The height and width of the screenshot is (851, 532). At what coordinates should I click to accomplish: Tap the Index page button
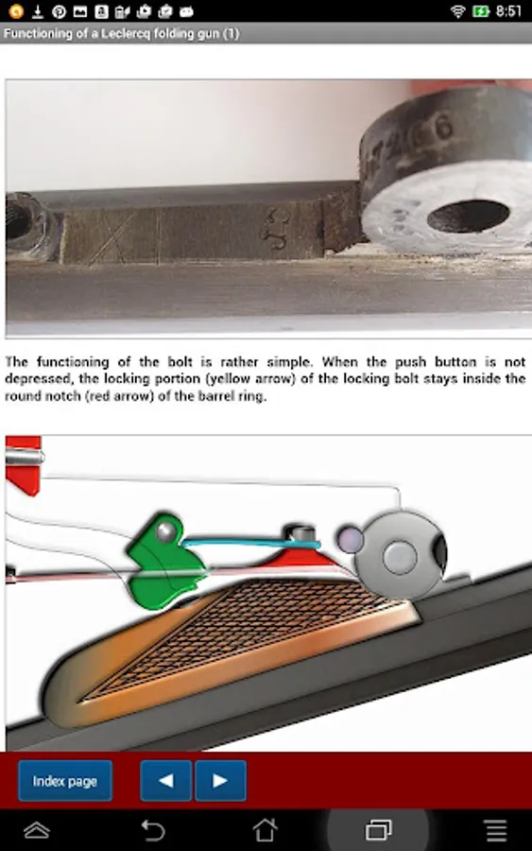pos(65,780)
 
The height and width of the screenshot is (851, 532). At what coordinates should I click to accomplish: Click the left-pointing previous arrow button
pos(166,780)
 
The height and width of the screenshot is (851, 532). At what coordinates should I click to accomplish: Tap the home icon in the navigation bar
pos(266,830)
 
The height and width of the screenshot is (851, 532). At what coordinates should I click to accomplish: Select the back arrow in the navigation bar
pos(152,830)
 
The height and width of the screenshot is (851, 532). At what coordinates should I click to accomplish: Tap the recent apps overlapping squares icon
pos(379,830)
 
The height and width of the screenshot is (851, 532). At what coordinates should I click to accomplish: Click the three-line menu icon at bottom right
pos(496,830)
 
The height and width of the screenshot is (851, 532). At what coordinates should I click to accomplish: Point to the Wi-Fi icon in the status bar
pos(458,10)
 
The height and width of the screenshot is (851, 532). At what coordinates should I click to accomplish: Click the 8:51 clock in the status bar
pos(508,10)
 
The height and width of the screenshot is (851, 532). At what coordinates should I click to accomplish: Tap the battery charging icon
pos(480,10)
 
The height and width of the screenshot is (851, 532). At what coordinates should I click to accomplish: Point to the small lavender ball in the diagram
pos(350,540)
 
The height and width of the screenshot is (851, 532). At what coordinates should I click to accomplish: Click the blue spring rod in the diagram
pos(250,542)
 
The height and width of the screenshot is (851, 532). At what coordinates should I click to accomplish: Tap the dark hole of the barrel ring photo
pos(468,216)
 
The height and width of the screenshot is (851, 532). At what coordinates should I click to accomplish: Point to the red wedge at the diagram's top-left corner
pos(23,465)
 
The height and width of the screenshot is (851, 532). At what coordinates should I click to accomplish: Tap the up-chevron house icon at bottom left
pos(37,830)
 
